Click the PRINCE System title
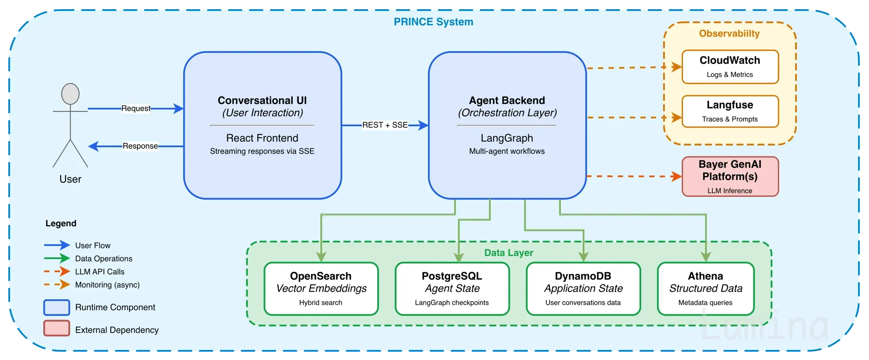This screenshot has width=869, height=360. tap(433, 22)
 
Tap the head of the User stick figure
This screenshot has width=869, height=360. tap(70, 94)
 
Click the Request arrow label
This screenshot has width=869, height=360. tap(136, 108)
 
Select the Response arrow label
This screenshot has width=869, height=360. tap(140, 146)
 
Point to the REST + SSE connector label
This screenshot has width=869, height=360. tap(385, 125)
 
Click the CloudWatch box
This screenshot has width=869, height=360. tap(730, 67)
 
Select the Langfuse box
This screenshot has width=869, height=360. tap(730, 112)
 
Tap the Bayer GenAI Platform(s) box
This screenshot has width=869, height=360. tap(730, 177)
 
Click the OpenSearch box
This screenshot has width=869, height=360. tap(321, 289)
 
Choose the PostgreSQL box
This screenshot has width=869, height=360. tap(452, 289)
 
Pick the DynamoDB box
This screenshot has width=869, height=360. tap(583, 289)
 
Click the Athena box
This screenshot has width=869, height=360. tap(706, 289)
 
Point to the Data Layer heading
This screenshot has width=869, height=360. tap(509, 253)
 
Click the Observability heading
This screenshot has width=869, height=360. tap(730, 33)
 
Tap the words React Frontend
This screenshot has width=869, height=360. tap(262, 138)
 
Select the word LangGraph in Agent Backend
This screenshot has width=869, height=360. tap(507, 138)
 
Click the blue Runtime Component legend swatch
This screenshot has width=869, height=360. tap(56, 307)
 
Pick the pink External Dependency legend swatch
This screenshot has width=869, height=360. tap(56, 328)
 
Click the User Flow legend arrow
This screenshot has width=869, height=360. tap(57, 245)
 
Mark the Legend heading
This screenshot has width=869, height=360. tap(61, 224)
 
